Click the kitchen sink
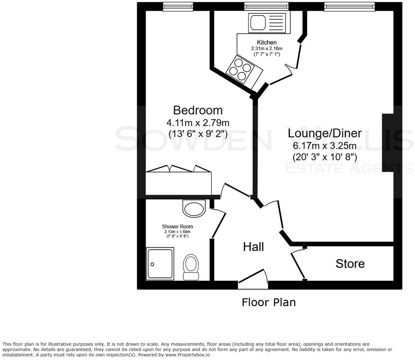click(267, 23)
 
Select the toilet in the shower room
click(191, 267)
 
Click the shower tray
click(160, 264)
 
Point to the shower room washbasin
click(194, 208)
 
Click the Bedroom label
click(198, 110)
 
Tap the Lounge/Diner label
click(325, 133)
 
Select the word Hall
click(253, 247)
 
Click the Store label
click(350, 264)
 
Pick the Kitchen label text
click(267, 42)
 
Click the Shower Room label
click(177, 226)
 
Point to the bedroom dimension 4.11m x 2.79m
click(198, 122)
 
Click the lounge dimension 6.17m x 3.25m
click(325, 146)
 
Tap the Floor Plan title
click(268, 302)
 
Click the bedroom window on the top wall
click(178, 6)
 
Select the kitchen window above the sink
click(266, 6)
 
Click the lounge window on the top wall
click(349, 6)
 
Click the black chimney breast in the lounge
click(387, 143)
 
